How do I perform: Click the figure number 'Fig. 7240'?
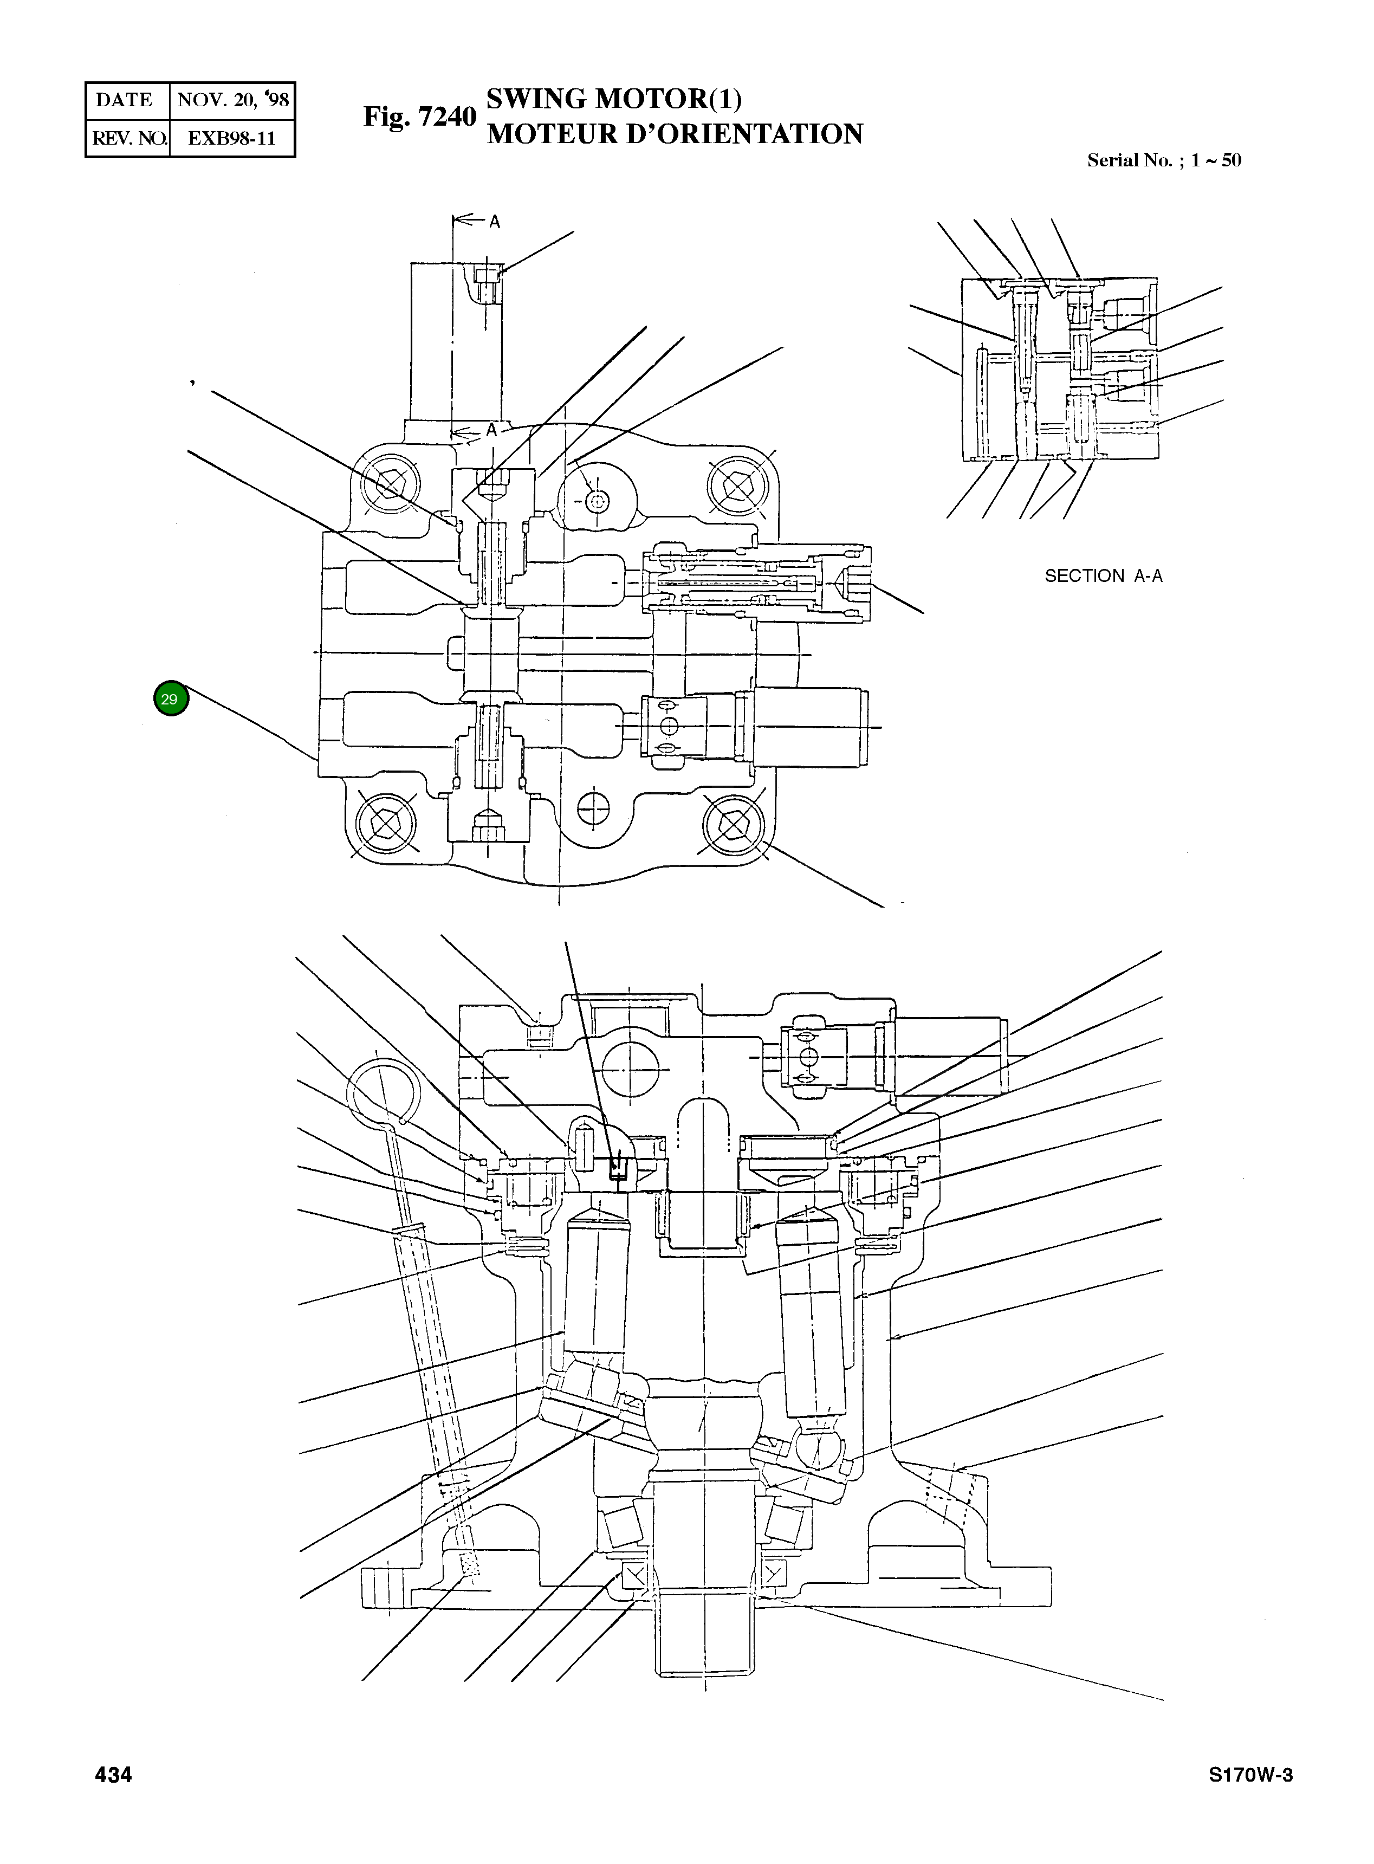pyautogui.click(x=419, y=117)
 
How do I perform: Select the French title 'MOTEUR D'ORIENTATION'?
pyautogui.click(x=675, y=134)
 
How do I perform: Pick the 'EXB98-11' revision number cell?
pyautogui.click(x=231, y=138)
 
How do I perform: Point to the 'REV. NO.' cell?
pyautogui.click(x=128, y=138)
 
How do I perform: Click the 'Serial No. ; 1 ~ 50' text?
pyautogui.click(x=1164, y=160)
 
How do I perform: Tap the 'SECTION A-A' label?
pyautogui.click(x=1103, y=575)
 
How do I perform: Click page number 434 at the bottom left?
pyautogui.click(x=114, y=1775)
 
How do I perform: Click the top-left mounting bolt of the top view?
pyautogui.click(x=388, y=485)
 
